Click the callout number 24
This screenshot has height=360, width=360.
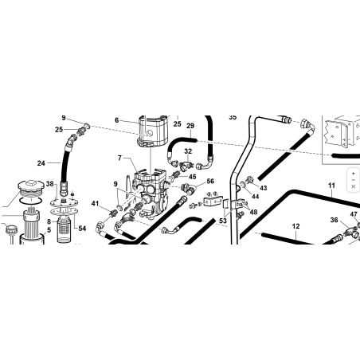pyautogui.click(x=41, y=163)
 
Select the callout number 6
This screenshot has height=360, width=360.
pyautogui.click(x=116, y=120)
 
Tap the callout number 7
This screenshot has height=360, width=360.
pyautogui.click(x=119, y=158)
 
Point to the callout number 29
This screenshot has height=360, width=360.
pyautogui.click(x=190, y=126)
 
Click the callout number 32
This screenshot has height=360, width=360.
pyautogui.click(x=188, y=151)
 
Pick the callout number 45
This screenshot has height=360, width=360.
pyautogui.click(x=192, y=177)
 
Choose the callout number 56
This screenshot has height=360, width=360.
pyautogui.click(x=210, y=182)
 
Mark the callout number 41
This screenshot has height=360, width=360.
pyautogui.click(x=95, y=204)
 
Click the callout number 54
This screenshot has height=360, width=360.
pyautogui.click(x=82, y=229)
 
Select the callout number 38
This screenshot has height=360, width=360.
pyautogui.click(x=49, y=184)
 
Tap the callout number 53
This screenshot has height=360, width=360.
pyautogui.click(x=223, y=221)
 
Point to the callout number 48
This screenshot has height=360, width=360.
pyautogui.click(x=253, y=212)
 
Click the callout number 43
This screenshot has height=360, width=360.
pyautogui.click(x=263, y=188)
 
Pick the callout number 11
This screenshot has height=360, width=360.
pyautogui.click(x=331, y=186)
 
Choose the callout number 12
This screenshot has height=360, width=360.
pyautogui.click(x=295, y=226)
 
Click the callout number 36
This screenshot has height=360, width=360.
pyautogui.click(x=335, y=220)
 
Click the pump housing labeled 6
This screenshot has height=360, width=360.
pyautogui.click(x=152, y=131)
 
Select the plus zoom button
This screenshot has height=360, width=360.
pyautogui.click(x=353, y=174)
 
